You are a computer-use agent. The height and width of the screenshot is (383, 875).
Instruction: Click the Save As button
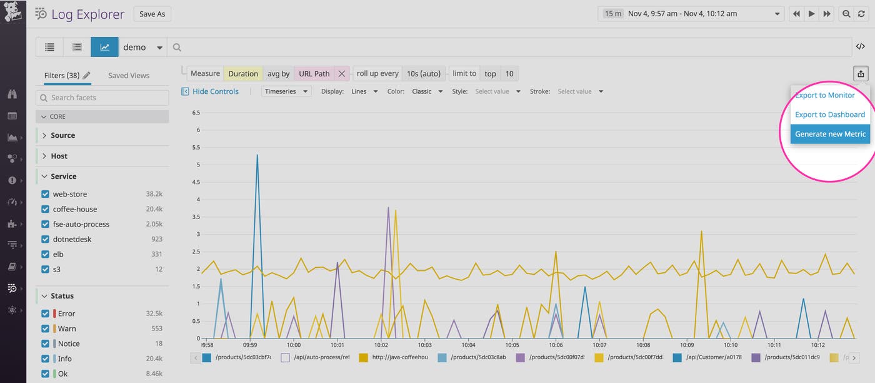coord(152,14)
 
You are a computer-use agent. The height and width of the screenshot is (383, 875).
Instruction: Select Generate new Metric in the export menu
coord(830,134)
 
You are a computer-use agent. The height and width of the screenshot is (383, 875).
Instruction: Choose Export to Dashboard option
coord(829,115)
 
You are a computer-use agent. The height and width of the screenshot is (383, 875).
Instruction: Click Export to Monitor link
coord(824,95)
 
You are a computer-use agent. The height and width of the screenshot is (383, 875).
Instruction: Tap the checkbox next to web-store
coord(45,194)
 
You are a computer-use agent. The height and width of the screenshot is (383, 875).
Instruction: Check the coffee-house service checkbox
coord(45,209)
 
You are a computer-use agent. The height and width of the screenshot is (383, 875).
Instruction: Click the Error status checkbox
coord(45,314)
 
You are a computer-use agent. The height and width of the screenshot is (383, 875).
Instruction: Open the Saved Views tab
coord(129,75)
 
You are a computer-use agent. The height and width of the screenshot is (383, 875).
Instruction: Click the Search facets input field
coord(102,98)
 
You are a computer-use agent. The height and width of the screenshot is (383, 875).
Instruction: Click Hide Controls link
coord(214,91)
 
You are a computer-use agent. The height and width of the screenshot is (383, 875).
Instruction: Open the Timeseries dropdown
coord(286,91)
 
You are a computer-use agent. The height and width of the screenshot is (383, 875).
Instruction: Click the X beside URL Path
coord(342,74)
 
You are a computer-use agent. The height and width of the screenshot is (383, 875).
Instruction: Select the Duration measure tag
coord(242,74)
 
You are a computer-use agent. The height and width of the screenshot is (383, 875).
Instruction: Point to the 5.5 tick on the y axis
coord(196,148)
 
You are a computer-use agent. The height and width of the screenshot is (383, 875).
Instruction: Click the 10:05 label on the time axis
coord(512,345)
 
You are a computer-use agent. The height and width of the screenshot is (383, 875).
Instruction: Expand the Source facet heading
coord(62,135)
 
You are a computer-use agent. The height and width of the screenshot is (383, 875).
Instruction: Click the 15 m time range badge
coord(612,14)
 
